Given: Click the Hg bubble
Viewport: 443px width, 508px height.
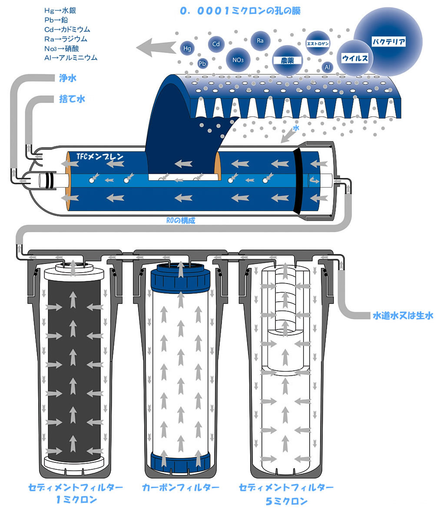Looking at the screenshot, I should [187, 49].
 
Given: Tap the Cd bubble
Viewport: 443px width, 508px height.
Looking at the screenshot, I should [216, 44].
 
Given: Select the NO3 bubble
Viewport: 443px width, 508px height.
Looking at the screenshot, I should [238, 60].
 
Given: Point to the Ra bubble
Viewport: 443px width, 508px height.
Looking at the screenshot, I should [260, 41].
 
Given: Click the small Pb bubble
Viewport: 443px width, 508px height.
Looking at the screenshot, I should [202, 63].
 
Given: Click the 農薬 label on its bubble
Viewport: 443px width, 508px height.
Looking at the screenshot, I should [287, 60].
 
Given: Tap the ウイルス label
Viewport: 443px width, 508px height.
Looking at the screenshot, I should [355, 58].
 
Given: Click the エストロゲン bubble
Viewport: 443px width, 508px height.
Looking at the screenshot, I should [318, 43].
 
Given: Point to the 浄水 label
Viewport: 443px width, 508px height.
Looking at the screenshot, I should [68, 79].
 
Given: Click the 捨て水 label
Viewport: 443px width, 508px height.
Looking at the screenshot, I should [72, 99].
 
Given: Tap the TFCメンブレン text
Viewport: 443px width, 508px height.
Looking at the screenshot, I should [99, 156].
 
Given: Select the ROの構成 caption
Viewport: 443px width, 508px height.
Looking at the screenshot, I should [181, 221].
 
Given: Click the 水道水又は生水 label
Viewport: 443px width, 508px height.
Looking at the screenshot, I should [403, 316].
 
